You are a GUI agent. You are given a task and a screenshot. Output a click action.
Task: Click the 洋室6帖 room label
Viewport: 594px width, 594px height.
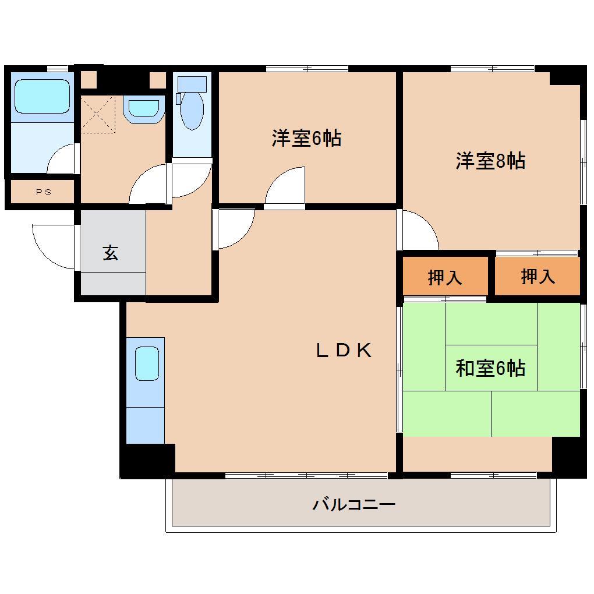pyautogui.click(x=306, y=139)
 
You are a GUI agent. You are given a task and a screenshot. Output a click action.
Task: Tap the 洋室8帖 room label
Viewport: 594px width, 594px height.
pyautogui.click(x=490, y=160)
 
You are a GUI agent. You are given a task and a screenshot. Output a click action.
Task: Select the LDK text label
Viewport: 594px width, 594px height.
pyautogui.click(x=344, y=350)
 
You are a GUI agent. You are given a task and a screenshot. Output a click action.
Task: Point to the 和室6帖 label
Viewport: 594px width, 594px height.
pyautogui.click(x=490, y=368)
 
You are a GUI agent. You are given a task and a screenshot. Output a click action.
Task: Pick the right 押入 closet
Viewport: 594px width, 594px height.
pyautogui.click(x=538, y=277)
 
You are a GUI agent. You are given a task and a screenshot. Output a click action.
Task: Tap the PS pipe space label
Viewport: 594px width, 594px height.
pyautogui.click(x=43, y=192)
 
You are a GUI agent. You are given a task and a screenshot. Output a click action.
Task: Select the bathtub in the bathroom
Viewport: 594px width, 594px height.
pyautogui.click(x=41, y=96)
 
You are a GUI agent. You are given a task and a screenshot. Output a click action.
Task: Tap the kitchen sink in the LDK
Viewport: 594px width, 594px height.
pyautogui.click(x=146, y=363)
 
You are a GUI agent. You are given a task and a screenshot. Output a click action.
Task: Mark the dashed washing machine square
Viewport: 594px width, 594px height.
pyautogui.click(x=98, y=115)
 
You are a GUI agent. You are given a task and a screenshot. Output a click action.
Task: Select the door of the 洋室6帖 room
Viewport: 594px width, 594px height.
pyautogui.click(x=285, y=188)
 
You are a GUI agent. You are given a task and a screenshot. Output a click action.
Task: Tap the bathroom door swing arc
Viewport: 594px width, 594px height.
pyautogui.click(x=62, y=158)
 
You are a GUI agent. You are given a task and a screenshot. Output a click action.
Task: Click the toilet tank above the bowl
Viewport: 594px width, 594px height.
pyautogui.click(x=192, y=84)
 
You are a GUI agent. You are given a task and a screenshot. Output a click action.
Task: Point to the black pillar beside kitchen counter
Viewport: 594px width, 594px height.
pyautogui.click(x=148, y=460)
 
